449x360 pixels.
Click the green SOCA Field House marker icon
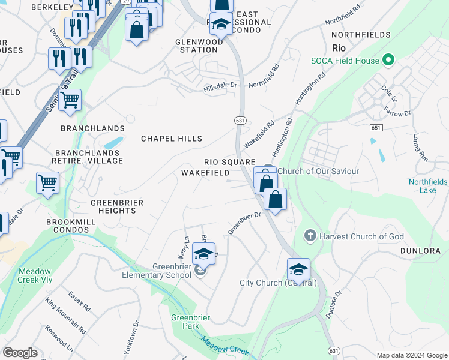388,60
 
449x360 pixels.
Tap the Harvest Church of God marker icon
310,236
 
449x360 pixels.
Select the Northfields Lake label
428,185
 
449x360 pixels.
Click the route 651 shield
376,128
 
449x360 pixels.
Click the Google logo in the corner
20,353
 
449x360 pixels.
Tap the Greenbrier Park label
185,322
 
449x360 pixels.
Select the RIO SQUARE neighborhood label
229,162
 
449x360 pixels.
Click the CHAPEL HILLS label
172,139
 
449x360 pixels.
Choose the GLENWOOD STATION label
199,46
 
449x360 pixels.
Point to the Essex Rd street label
79,302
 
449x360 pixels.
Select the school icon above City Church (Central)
298,269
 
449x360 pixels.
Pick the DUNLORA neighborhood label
420,251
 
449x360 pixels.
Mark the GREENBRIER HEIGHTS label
117,207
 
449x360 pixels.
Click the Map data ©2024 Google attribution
411,355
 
